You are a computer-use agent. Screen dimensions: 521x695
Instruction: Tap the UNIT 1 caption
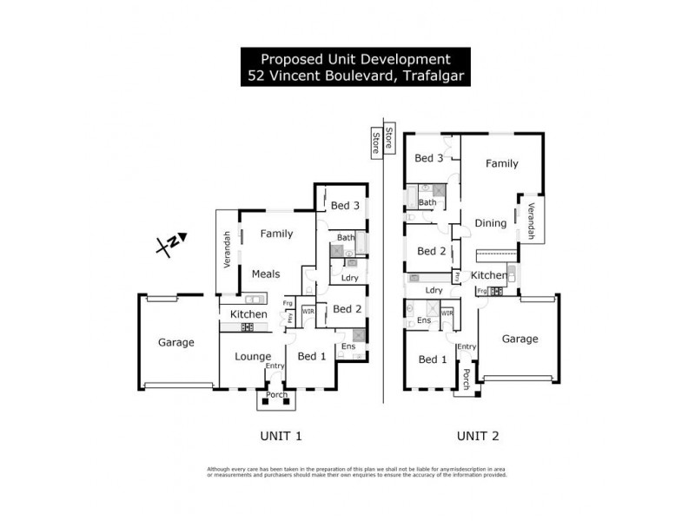tap(281, 436)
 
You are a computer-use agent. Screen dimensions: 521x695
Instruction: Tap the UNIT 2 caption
tap(478, 436)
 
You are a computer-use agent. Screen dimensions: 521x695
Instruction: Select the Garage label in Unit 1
tap(175, 342)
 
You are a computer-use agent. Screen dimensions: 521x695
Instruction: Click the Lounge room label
tap(253, 356)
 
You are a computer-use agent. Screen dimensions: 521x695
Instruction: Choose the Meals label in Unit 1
tap(266, 274)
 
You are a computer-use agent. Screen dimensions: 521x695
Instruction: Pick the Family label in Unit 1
tap(277, 234)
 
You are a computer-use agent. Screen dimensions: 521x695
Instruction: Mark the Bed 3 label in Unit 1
tap(345, 206)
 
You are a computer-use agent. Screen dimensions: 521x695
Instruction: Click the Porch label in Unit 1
tap(276, 395)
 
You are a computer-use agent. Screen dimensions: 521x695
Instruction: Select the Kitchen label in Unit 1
tap(248, 313)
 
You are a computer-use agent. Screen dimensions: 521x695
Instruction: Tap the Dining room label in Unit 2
tap(490, 223)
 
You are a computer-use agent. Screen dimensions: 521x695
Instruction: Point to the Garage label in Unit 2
tap(520, 339)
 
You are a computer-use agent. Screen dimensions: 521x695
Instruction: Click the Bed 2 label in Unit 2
tap(431, 251)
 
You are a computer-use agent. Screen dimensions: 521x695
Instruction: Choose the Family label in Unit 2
tap(501, 163)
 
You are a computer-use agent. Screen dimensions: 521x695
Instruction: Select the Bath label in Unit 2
tap(427, 202)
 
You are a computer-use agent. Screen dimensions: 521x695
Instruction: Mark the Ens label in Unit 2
tap(424, 321)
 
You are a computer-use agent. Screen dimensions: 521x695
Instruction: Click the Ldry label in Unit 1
tap(350, 278)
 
